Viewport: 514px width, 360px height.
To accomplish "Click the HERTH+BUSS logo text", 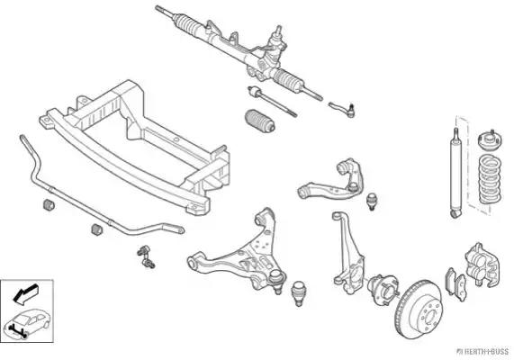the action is [x=482, y=352].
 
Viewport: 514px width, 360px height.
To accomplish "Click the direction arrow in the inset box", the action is [x=25, y=293].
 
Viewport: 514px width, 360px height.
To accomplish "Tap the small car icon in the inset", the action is [x=27, y=322].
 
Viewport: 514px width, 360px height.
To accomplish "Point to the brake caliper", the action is [x=482, y=265].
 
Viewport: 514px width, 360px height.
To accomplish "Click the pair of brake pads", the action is [x=455, y=284].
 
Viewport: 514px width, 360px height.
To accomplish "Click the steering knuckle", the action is [x=347, y=249].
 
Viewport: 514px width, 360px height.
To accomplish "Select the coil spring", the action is [x=490, y=179].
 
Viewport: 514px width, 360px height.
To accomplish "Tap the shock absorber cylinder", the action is [x=456, y=174].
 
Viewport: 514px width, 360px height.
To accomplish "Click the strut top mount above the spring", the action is [x=490, y=140].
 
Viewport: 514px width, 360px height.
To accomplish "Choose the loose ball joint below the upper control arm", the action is [x=372, y=202].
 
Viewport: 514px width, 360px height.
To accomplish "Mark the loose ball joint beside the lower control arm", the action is [x=298, y=293].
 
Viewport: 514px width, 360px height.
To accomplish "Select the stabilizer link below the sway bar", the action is [x=146, y=256].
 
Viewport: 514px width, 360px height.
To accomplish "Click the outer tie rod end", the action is [x=342, y=109].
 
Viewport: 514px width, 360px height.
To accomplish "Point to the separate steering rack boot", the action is [x=260, y=121].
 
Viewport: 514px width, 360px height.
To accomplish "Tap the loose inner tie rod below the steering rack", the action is [x=272, y=101].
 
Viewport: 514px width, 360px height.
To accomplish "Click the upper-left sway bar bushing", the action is [x=49, y=204].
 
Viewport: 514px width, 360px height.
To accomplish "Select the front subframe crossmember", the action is [x=134, y=148].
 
